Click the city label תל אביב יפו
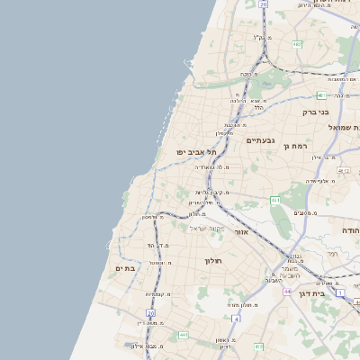197,153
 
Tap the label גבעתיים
260,140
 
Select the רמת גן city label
295,146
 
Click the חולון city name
213,261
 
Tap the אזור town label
241,232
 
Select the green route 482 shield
297,43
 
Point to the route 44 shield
286,292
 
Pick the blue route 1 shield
340,292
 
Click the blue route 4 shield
236,318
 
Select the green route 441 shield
184,335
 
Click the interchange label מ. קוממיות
158,294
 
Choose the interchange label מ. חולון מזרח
245,305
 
